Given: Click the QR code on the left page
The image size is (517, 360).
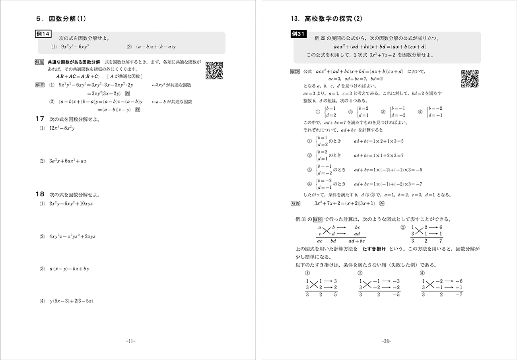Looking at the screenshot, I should (x=214, y=70).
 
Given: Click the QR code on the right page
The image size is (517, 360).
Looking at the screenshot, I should (x=470, y=78).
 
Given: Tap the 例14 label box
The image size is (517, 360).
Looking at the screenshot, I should (x=43, y=35).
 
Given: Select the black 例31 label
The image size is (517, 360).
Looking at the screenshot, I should (x=299, y=35).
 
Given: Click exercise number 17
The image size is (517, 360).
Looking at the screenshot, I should (x=39, y=118).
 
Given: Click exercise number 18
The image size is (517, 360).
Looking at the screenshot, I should (x=39, y=194).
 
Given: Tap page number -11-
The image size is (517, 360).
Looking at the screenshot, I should (x=130, y=341).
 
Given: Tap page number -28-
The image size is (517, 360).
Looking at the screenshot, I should (x=386, y=341).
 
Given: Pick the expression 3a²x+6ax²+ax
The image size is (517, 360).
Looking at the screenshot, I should (x=68, y=161).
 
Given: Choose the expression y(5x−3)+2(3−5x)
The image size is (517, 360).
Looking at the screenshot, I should (x=71, y=301).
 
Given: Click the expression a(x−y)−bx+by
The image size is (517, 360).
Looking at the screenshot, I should (x=69, y=269).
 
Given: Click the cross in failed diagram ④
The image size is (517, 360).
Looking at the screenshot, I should (x=430, y=284).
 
